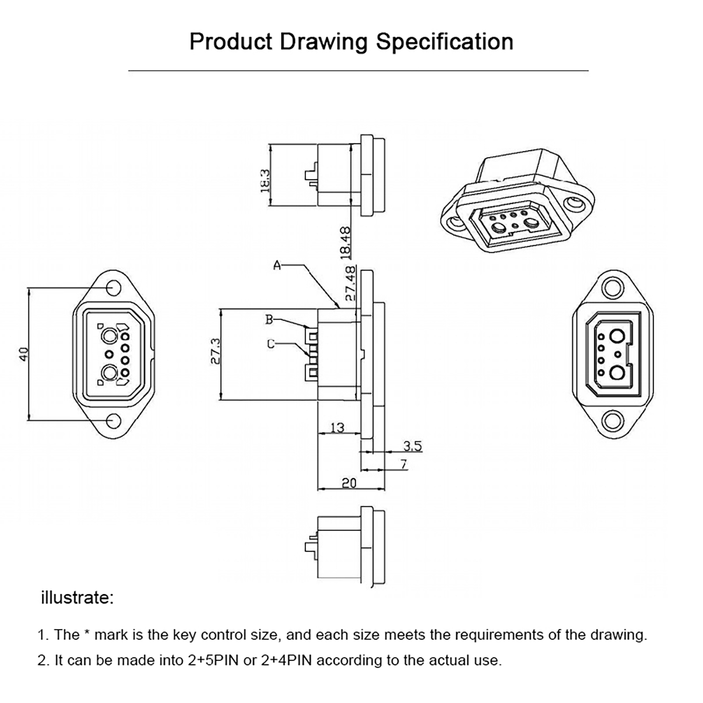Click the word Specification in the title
tap(444, 42)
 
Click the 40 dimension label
tap(24, 354)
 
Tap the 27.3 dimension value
tap(215, 351)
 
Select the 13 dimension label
tap(337, 428)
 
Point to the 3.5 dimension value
tap(413, 446)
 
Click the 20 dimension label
tap(349, 483)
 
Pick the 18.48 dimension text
tap(346, 242)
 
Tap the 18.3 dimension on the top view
tap(265, 181)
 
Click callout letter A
tap(277, 265)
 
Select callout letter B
tap(269, 320)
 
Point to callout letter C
tap(271, 344)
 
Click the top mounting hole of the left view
tap(113, 288)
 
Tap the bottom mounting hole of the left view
tap(113, 421)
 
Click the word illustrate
tap(77, 598)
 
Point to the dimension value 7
tap(403, 464)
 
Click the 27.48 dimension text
tap(350, 283)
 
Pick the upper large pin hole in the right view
tap(617, 337)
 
